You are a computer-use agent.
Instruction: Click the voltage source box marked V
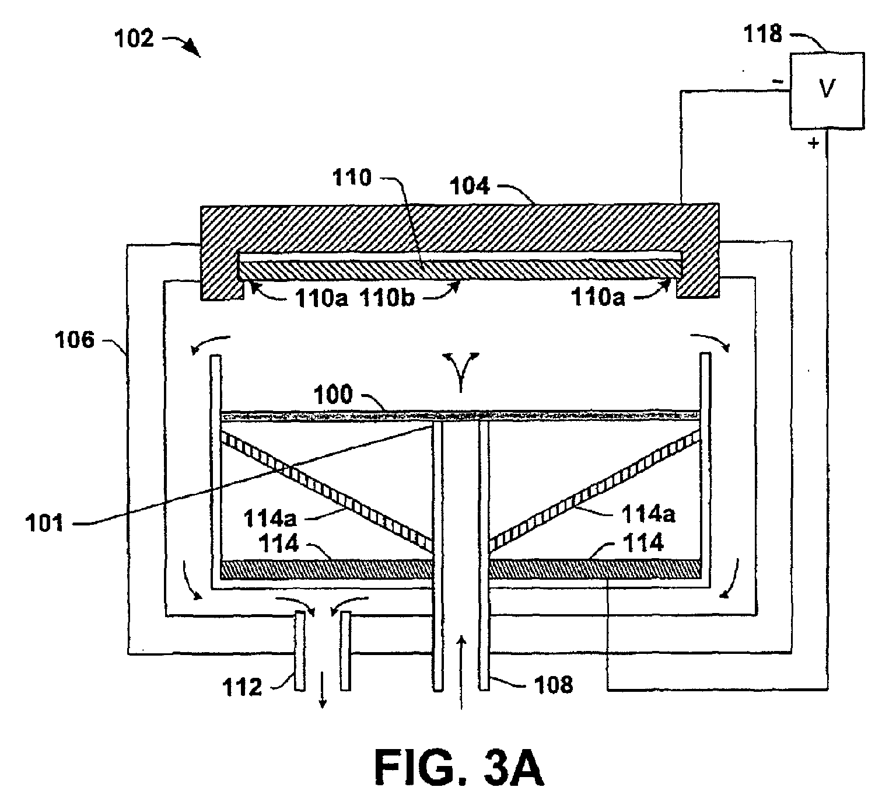coord(827,90)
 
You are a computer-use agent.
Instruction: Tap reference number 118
coord(762,34)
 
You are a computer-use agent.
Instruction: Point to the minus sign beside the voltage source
coord(778,81)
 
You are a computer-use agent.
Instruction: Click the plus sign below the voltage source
coord(813,143)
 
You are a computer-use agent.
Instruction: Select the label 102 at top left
coord(134,39)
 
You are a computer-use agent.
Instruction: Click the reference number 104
coord(470,186)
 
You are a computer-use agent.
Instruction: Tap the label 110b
coord(388,297)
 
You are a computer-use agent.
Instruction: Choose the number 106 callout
coord(74,340)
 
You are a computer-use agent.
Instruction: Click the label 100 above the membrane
coord(333,394)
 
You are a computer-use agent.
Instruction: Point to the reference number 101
coord(44,523)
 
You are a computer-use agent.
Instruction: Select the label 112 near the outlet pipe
coord(242,687)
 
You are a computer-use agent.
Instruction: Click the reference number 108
coord(553,685)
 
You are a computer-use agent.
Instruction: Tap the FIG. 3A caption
coord(459,768)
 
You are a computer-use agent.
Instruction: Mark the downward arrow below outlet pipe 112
coord(323,689)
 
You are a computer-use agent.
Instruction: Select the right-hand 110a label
coord(598,297)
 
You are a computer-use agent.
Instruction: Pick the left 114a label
coord(269,518)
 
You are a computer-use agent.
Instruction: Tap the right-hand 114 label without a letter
coord(643,542)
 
